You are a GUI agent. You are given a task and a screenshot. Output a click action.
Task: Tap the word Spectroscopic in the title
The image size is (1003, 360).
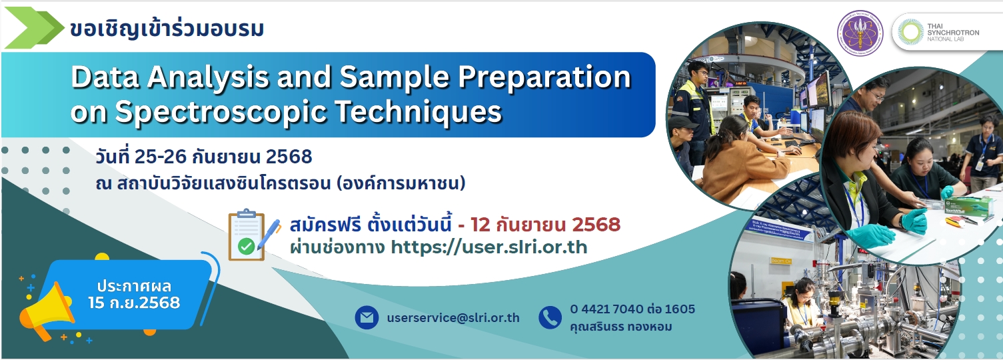[222, 111]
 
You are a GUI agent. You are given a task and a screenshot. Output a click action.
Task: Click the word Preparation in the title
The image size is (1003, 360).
[544, 77]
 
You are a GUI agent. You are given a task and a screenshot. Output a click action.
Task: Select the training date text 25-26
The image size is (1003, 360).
[161, 157]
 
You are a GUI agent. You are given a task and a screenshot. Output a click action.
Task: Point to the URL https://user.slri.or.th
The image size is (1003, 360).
[489, 247]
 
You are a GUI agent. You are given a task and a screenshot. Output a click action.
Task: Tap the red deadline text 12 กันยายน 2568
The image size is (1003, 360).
[545, 225]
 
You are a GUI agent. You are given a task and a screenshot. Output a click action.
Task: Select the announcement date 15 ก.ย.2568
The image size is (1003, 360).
[134, 303]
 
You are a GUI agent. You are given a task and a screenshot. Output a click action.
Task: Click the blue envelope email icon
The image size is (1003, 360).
[367, 317]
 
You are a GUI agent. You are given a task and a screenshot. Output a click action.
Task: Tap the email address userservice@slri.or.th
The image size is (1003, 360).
[453, 318]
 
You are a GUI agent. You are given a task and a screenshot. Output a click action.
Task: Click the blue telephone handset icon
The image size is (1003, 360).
[550, 317]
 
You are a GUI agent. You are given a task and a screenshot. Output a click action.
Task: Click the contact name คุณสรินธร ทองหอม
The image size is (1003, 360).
[621, 327]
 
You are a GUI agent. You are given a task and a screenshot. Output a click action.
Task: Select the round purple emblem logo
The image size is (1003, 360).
[860, 33]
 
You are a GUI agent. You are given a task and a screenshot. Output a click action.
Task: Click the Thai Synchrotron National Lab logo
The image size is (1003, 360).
[945, 32]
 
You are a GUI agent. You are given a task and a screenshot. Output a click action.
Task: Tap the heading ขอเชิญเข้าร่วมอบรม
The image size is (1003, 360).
[167, 29]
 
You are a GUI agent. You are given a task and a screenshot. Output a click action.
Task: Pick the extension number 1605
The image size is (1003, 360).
[680, 309]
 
